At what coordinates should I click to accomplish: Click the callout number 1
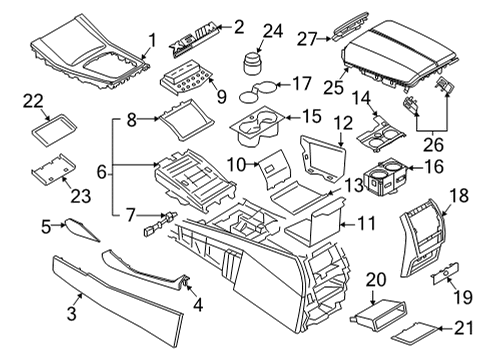(x=152, y=40)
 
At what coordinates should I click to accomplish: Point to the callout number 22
(x=34, y=100)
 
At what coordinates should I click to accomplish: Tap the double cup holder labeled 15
(x=262, y=126)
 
